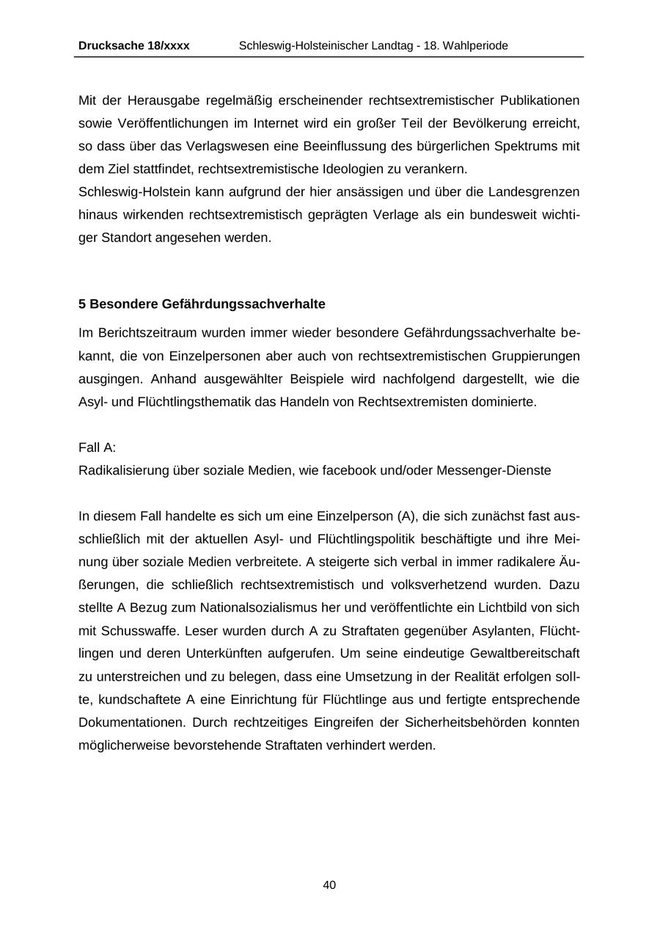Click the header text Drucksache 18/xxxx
(x=133, y=45)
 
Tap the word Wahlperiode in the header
(x=475, y=45)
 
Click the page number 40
(x=329, y=885)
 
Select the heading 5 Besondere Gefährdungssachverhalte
(x=202, y=304)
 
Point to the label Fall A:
(x=97, y=447)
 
